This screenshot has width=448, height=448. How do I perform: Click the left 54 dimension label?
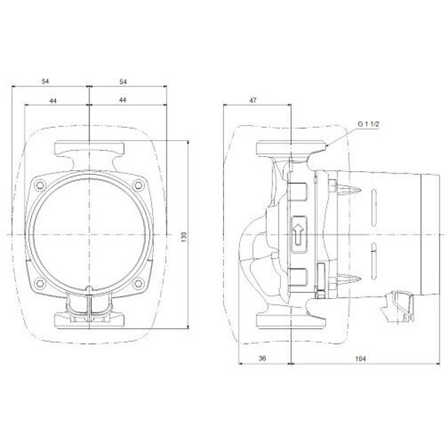click(x=45, y=82)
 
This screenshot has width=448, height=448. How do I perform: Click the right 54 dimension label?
click(x=123, y=82)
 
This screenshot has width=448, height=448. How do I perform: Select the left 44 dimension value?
click(x=53, y=101)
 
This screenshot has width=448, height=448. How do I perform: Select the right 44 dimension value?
click(x=123, y=100)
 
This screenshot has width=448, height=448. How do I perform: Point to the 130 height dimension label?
click(x=184, y=237)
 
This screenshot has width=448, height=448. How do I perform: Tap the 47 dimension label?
click(x=254, y=101)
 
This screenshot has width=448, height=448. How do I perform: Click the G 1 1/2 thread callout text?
click(x=369, y=124)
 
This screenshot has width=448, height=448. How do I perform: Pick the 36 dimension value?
click(x=262, y=358)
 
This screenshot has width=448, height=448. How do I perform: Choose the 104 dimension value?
click(x=360, y=358)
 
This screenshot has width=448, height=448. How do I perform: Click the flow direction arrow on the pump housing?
click(x=298, y=234)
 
